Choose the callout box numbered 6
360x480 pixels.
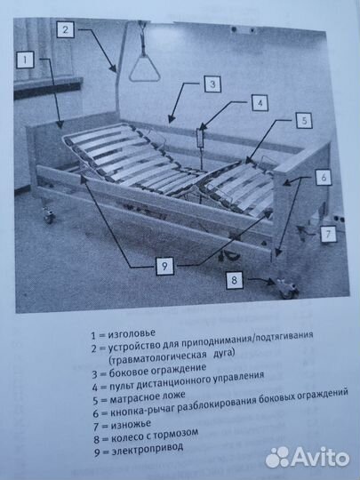pyautogui.click(x=324, y=177)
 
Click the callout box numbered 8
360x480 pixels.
pyautogui.click(x=235, y=281)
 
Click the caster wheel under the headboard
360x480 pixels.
pyautogui.click(x=47, y=214)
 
